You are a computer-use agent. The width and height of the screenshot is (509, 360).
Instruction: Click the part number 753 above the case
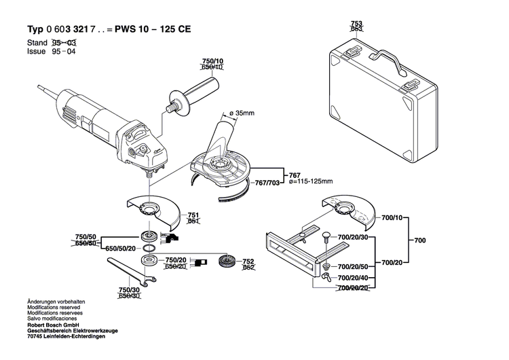[x=356, y=23]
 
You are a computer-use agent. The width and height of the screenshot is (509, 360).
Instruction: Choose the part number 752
[x=248, y=262]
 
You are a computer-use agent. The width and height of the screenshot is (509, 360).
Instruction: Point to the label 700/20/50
[x=352, y=267]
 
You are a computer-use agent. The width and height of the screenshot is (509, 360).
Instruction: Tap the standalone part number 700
[x=421, y=240]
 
